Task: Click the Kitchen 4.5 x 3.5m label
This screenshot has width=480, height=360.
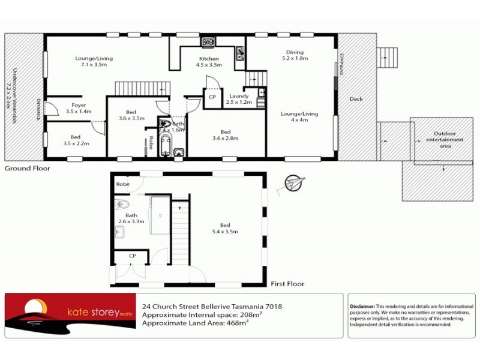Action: [x=209, y=62]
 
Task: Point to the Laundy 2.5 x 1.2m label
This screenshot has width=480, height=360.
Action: [x=239, y=99]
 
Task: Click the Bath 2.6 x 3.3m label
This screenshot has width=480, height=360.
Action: [x=131, y=218]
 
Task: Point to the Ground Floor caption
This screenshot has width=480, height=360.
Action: [x=28, y=169]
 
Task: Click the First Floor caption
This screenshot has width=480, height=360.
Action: [x=287, y=284]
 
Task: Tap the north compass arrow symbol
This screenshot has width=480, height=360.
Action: [x=295, y=182]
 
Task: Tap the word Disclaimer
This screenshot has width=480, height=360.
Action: [x=362, y=306]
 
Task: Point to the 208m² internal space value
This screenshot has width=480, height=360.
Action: [x=250, y=314]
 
